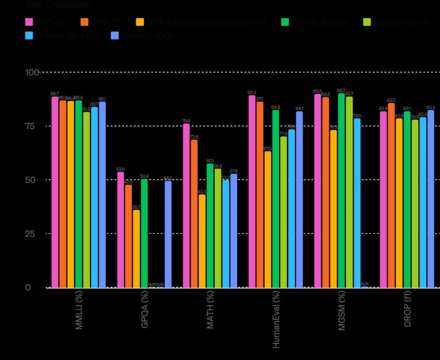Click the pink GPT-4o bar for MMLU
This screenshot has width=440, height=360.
[55, 192]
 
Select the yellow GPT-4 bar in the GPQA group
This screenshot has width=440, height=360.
[136, 248]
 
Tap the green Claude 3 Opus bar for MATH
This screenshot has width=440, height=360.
[210, 226]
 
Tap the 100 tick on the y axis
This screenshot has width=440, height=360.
[32, 73]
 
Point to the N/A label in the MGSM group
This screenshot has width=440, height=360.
[365, 283]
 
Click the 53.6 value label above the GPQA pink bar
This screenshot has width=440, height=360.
[120, 169]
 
